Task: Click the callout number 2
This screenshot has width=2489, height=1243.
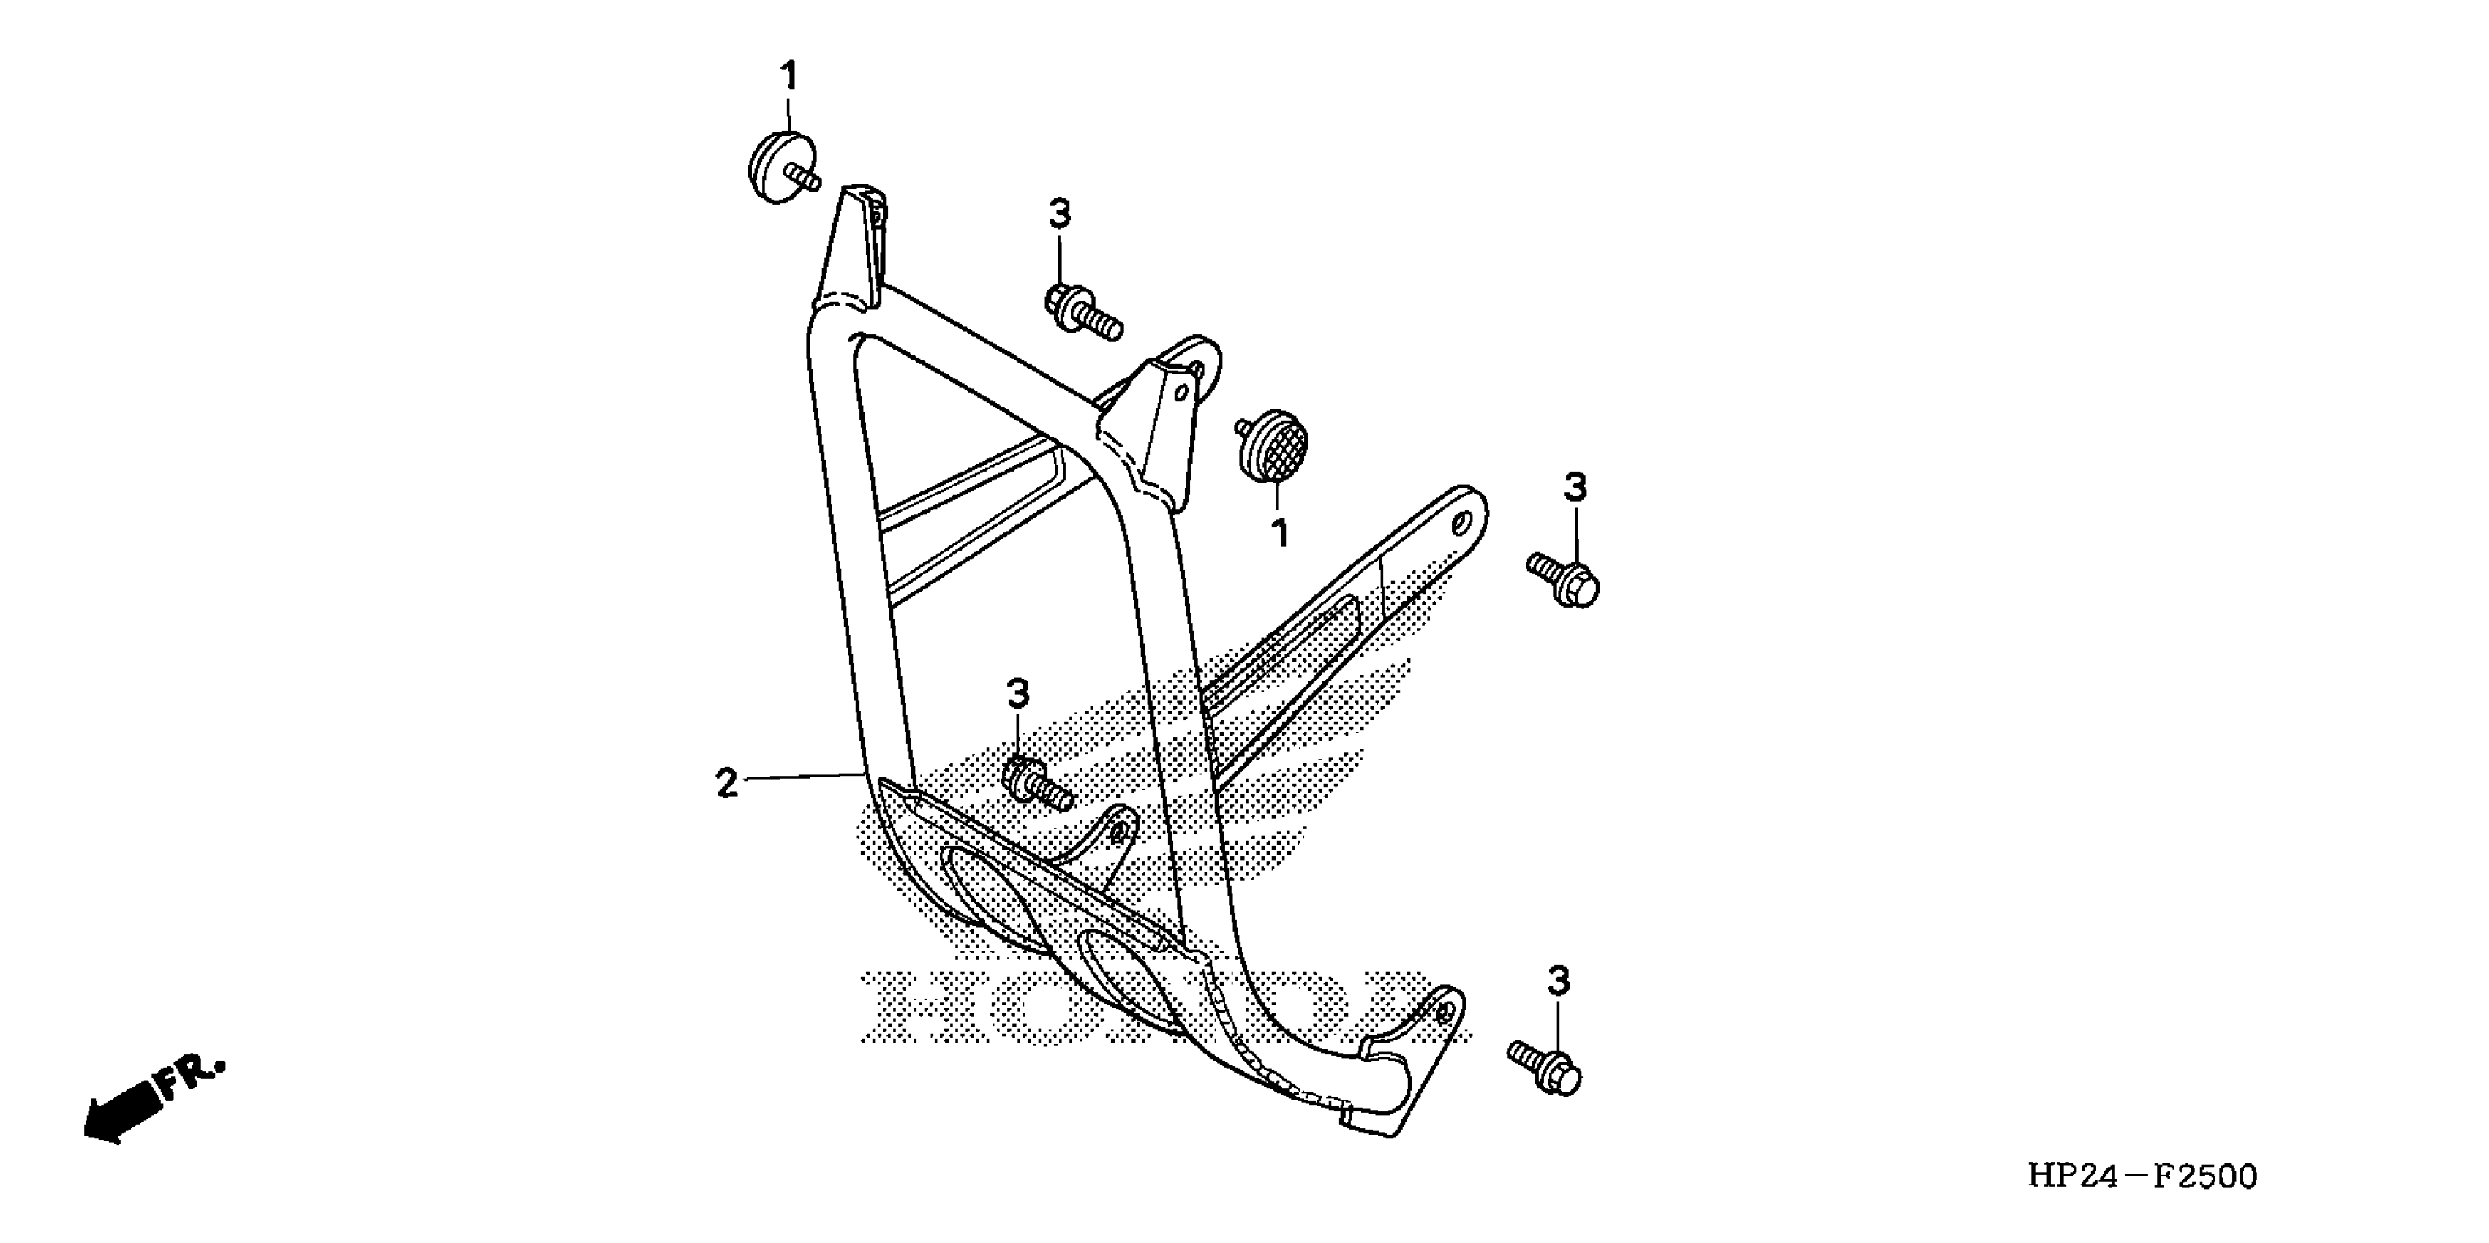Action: (x=726, y=782)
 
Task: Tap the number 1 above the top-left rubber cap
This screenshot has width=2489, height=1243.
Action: (x=789, y=75)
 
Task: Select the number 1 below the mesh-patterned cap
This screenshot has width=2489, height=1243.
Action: (x=1280, y=532)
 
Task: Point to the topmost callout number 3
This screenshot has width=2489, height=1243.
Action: (x=1060, y=214)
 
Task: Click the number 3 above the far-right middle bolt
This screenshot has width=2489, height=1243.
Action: (x=1575, y=488)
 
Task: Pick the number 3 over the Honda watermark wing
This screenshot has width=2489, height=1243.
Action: (x=1017, y=693)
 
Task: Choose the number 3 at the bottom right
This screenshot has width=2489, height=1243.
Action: (x=1559, y=982)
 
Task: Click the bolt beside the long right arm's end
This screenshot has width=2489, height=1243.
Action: (x=1563, y=578)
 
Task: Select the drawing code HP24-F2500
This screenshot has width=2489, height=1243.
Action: (x=2141, y=1176)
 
